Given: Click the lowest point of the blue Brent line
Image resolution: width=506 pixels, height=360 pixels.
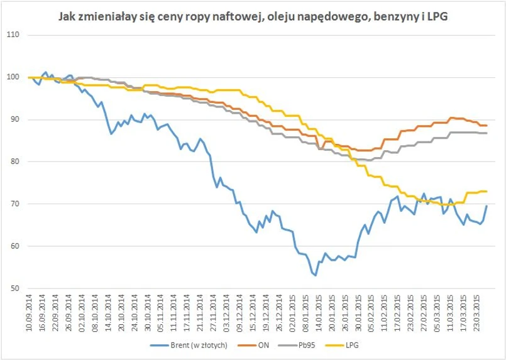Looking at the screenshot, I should point(316,275).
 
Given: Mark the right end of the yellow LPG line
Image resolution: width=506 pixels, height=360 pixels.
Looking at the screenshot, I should point(487,191).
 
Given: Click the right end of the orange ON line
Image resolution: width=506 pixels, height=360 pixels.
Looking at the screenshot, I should point(487,126).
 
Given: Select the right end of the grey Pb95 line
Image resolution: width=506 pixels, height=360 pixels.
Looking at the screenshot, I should point(487,133).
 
